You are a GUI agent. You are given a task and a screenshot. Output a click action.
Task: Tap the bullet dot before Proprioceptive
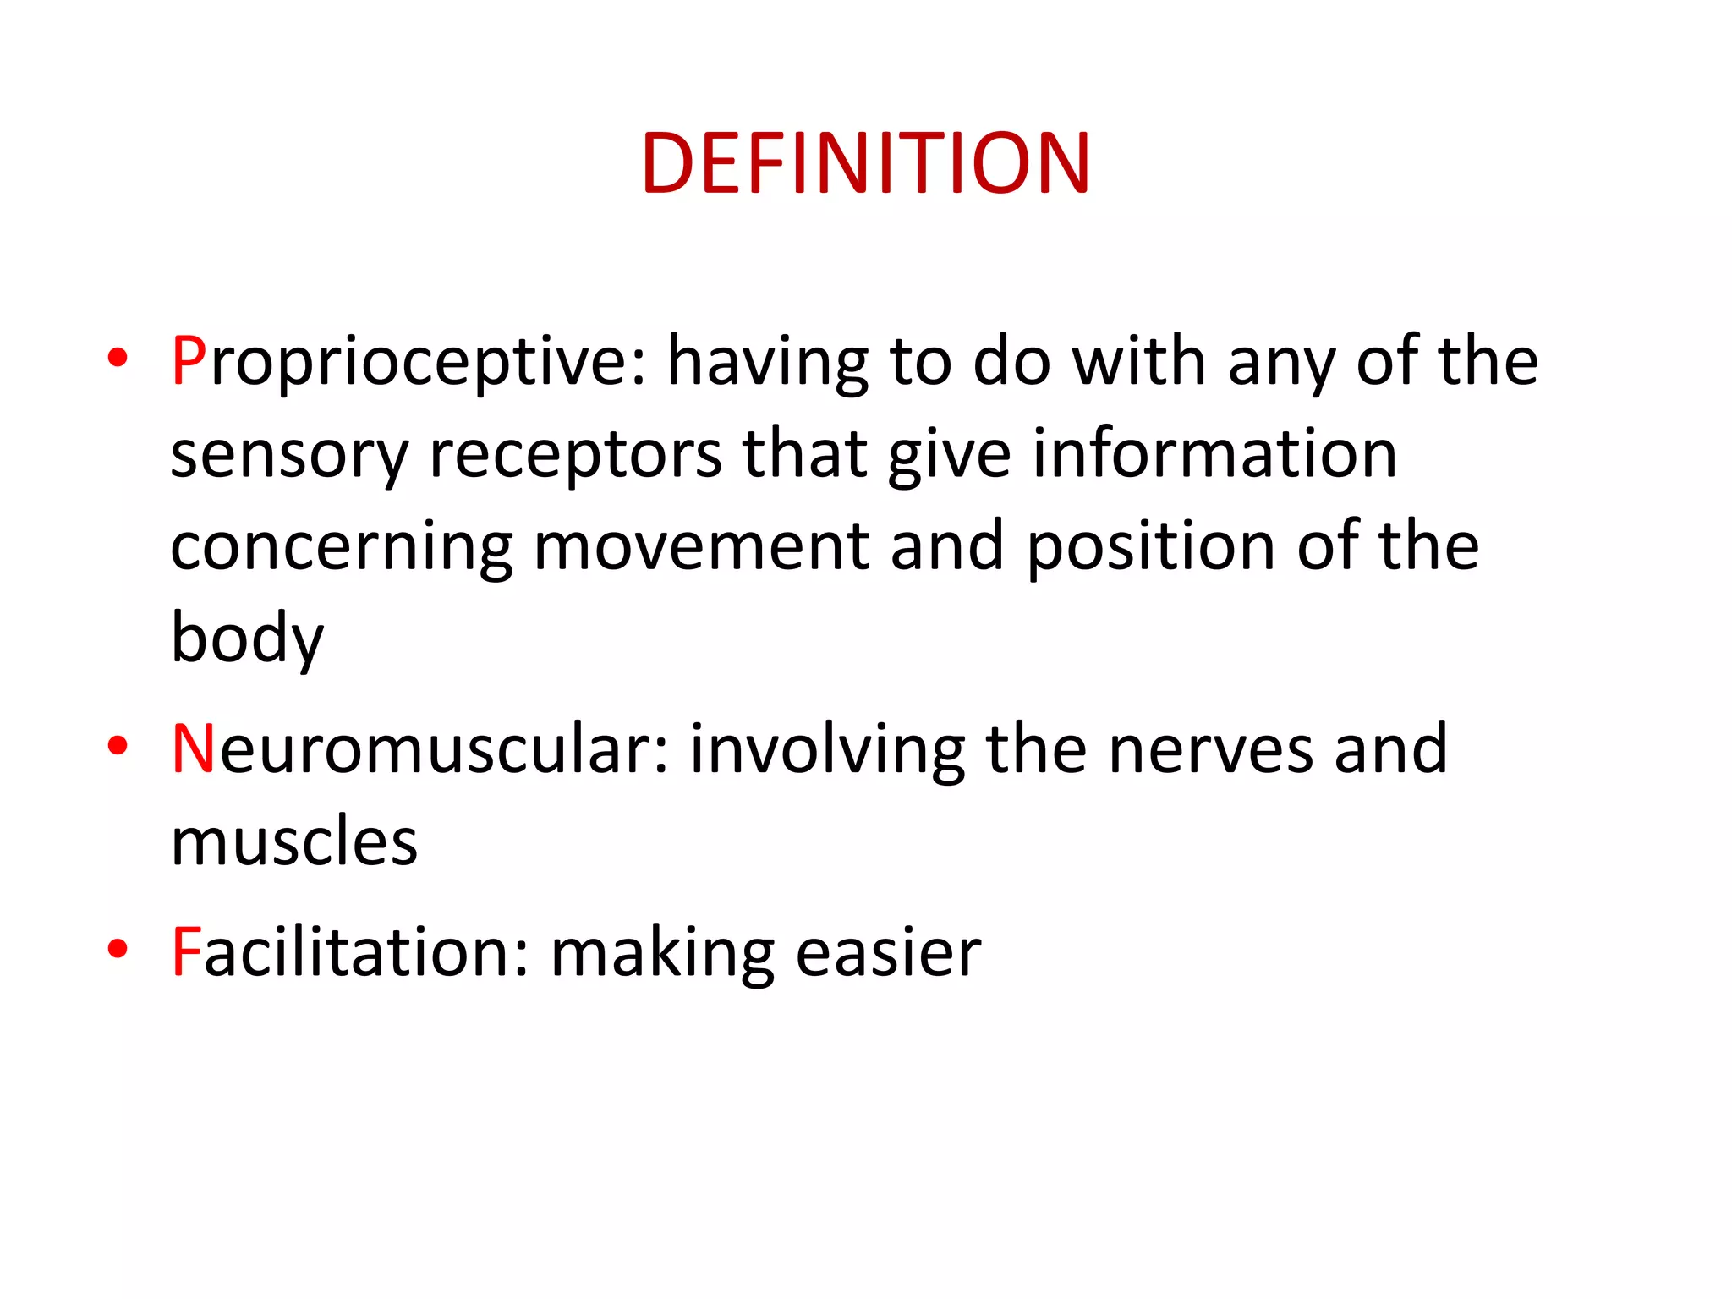coord(118,358)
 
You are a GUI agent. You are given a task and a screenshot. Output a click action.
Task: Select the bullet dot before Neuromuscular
coord(118,746)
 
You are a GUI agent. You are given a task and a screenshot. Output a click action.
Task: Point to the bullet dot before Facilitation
coord(118,949)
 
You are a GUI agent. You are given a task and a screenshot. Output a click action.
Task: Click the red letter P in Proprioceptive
coord(189,361)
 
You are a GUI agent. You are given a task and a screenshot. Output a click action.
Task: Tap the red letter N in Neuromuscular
coord(194,749)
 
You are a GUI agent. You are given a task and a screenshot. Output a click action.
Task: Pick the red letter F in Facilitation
coord(186,952)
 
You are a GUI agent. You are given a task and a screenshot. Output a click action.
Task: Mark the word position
coord(1151,548)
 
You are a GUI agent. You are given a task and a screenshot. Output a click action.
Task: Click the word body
coord(247,639)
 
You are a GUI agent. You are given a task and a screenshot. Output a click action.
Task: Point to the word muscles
coord(294,841)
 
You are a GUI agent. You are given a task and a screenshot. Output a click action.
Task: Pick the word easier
coord(888,952)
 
